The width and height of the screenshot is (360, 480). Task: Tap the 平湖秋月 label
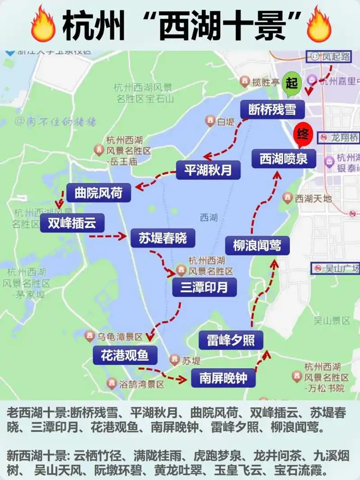click(208, 170)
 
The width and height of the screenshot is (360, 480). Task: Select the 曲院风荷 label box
click(99, 193)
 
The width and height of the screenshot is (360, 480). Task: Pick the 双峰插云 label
click(72, 222)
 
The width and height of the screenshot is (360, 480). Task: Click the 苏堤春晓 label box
click(163, 238)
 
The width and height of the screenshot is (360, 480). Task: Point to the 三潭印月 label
click(204, 287)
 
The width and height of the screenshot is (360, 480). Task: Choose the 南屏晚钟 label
click(223, 378)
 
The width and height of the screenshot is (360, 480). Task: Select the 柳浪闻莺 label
click(257, 245)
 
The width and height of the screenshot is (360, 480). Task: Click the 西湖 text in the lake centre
click(209, 218)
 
